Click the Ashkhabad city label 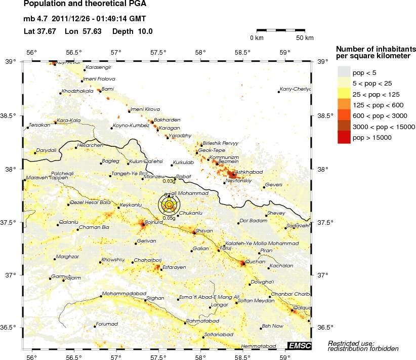[x=249, y=172]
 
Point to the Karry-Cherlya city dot [x=279, y=92]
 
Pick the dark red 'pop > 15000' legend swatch [x=344, y=137]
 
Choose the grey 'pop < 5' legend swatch [x=344, y=71]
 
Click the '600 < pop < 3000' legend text [x=380, y=115]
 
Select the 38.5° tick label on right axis [x=324, y=116]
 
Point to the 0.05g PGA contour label [x=169, y=218]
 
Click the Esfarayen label [x=174, y=267]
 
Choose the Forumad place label [x=107, y=324]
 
